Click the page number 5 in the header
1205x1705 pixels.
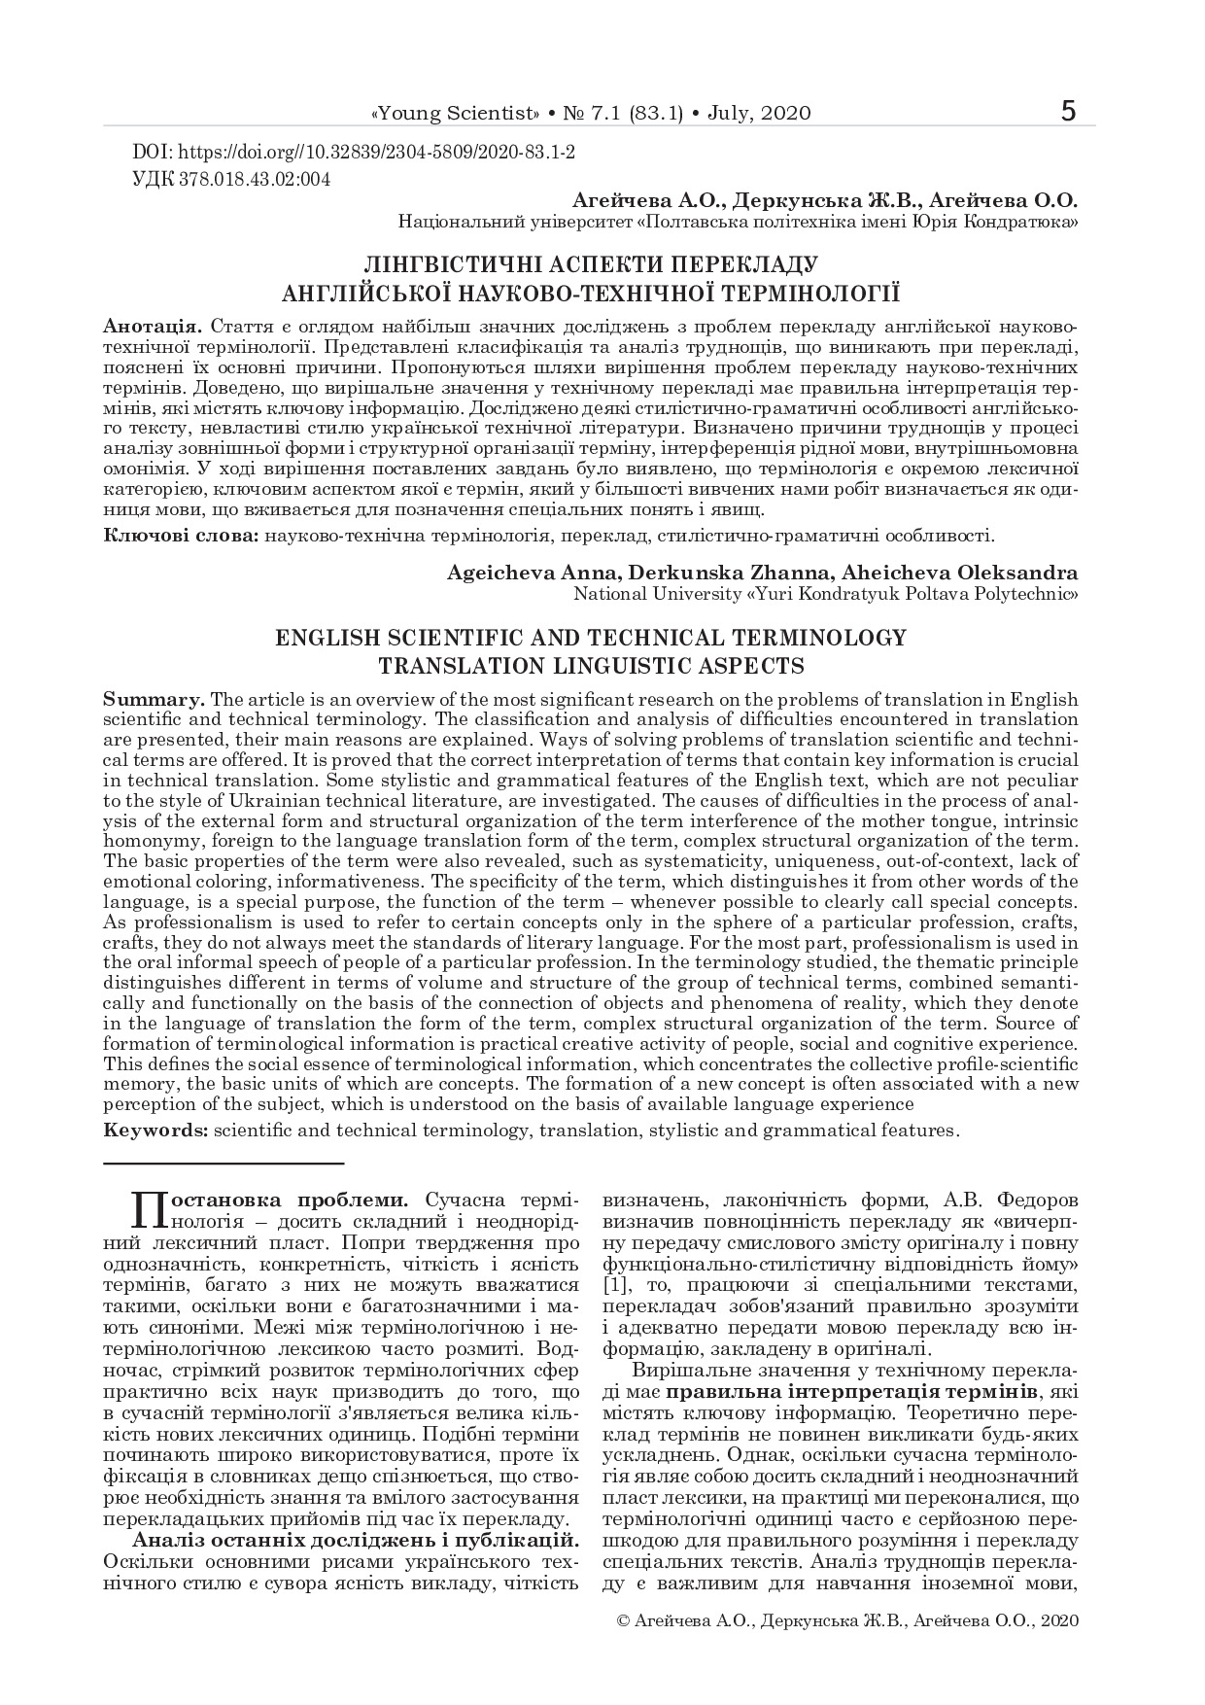point(1069,111)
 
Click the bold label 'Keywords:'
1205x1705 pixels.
point(155,1131)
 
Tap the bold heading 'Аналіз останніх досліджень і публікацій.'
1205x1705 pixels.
point(356,1540)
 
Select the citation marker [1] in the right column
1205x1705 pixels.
point(617,1287)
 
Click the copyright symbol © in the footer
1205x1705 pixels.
point(624,1621)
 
